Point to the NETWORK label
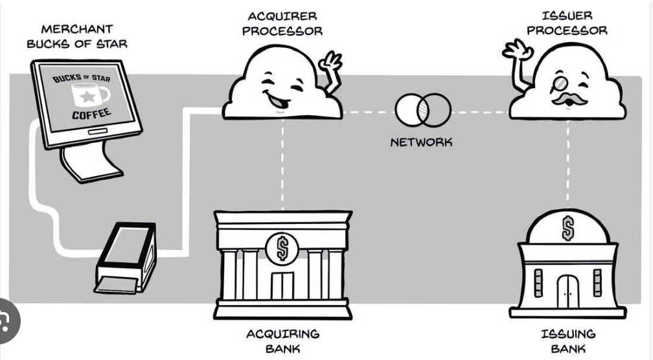[x=421, y=142]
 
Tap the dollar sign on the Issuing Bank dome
[x=567, y=228]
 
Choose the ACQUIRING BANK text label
[x=282, y=341]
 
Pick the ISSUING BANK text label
[x=567, y=341]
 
